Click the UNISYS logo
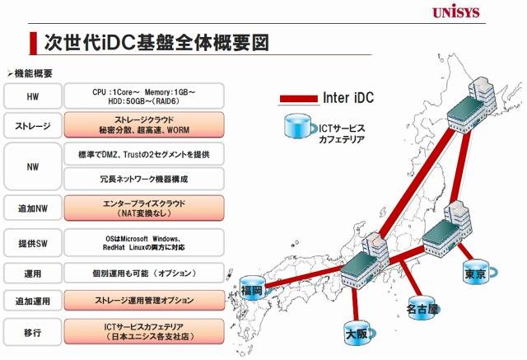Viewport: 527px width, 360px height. coord(455,12)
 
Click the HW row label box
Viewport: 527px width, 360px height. coord(33,96)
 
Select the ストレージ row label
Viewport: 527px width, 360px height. coord(33,126)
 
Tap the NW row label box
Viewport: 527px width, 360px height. coord(33,166)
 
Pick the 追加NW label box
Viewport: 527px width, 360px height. coord(33,208)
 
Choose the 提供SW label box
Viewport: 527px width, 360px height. coord(33,243)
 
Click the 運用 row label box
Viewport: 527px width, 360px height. coord(33,274)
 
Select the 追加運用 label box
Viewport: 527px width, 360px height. coord(33,301)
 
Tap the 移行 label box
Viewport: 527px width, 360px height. coord(33,333)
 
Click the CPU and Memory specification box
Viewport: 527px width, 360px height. coord(144,96)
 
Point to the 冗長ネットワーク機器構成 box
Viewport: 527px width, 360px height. coord(144,179)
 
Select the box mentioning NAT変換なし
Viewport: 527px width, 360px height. coord(144,208)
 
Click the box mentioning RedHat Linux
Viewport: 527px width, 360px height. coord(144,243)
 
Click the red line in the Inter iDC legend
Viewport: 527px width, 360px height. coord(298,99)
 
